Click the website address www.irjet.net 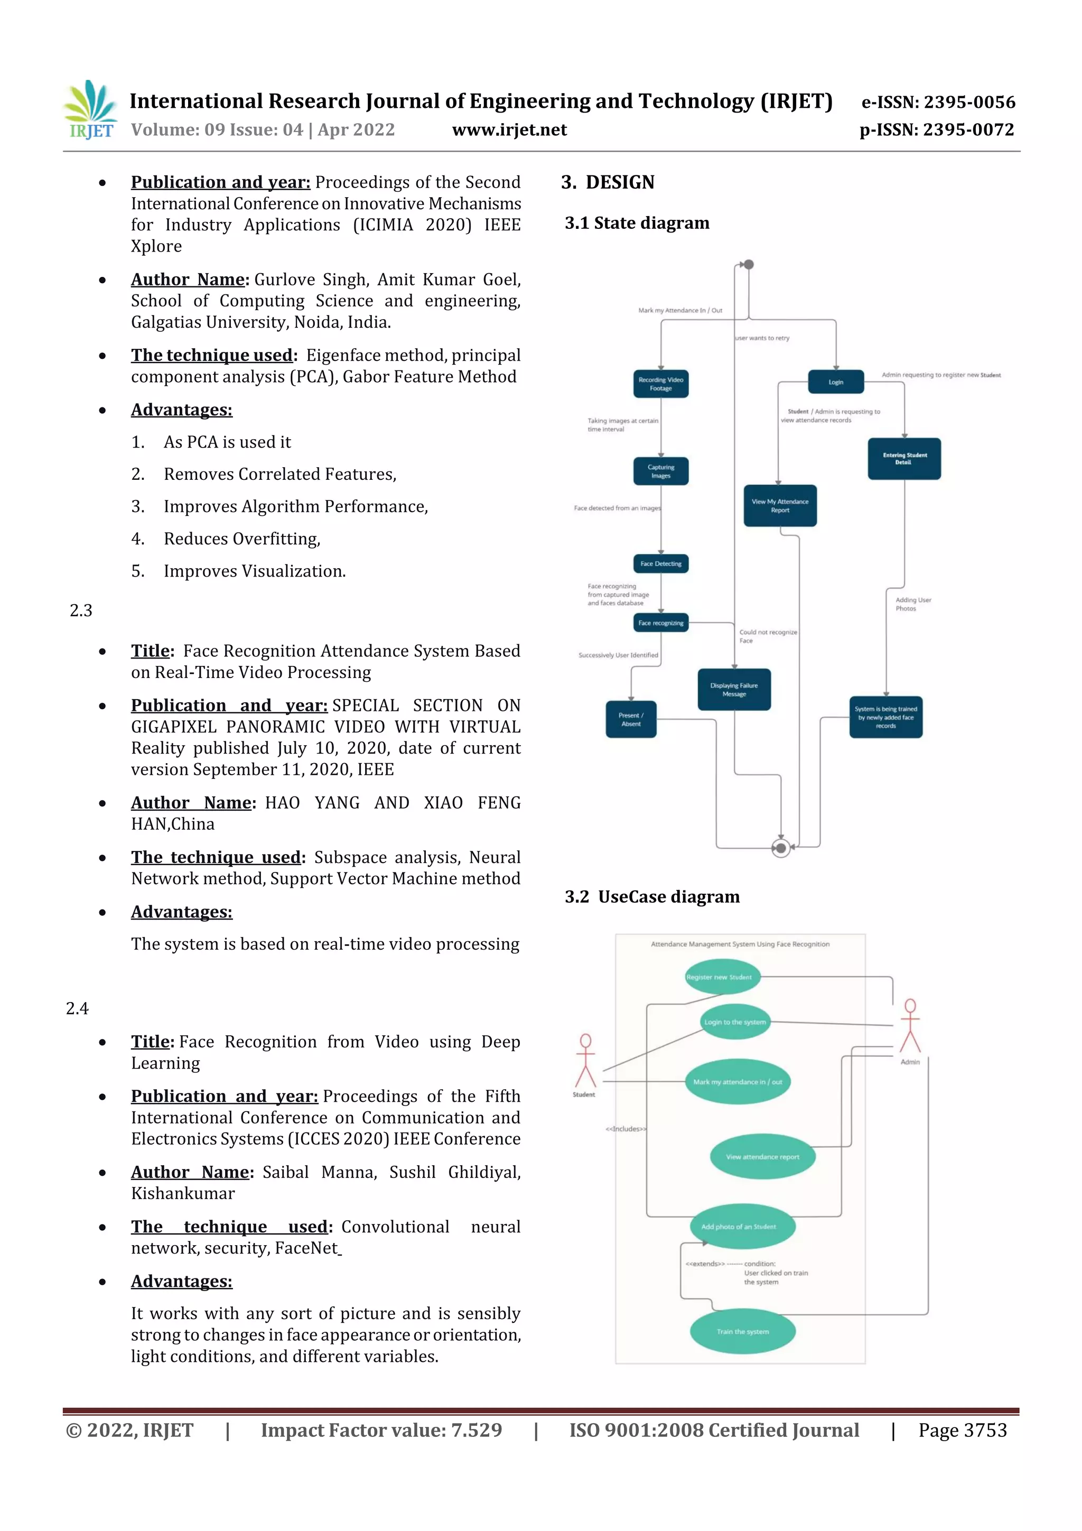pos(509,129)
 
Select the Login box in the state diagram pos(836,382)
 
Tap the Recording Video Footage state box pos(661,384)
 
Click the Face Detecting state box pos(661,563)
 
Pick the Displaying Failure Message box pos(734,690)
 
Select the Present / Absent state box pos(631,719)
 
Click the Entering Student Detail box pos(904,459)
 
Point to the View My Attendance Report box pos(780,505)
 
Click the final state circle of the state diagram pos(781,848)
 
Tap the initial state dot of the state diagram pos(749,265)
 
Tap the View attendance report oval pos(762,1156)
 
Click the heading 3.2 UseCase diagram pos(651,896)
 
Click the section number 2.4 pos(77,1008)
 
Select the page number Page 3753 pos(962,1430)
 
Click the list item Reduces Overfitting pos(242,539)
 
